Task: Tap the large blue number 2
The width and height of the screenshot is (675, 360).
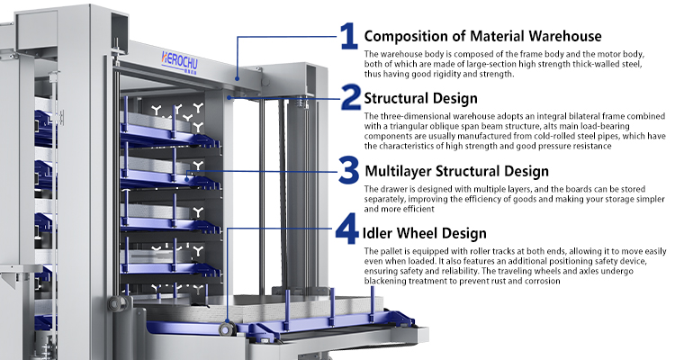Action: coord(351,97)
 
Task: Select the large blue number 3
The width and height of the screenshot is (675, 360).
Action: coord(348,170)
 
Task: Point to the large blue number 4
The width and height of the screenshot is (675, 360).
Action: coord(347,229)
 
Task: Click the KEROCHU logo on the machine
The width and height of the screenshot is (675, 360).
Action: coord(179,60)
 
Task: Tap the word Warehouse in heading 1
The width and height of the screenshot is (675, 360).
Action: coord(565,36)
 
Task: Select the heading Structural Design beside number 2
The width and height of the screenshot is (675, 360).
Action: coord(420,99)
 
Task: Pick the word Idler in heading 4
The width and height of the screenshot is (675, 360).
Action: coord(377,233)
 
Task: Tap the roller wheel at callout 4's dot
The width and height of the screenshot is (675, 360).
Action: coord(227,329)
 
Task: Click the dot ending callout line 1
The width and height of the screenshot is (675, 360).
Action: coord(237,79)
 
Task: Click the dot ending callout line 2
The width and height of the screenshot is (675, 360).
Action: coord(229,98)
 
